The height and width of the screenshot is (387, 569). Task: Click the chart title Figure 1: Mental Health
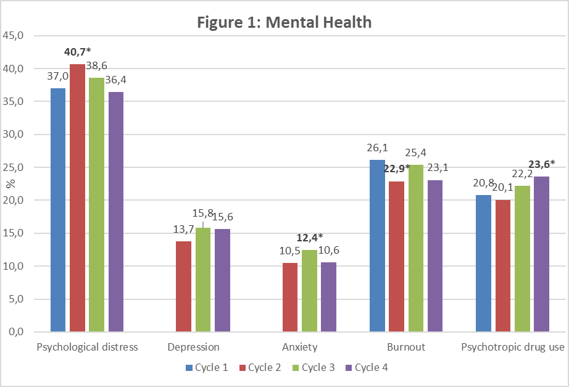point(284,23)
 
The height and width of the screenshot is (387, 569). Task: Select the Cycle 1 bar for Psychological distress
point(57,210)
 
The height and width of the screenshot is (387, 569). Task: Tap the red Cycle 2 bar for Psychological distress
point(77,198)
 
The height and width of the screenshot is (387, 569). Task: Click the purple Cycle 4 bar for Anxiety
point(329,297)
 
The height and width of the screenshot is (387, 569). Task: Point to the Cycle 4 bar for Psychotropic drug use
point(541,254)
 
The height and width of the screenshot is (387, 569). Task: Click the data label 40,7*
point(78,52)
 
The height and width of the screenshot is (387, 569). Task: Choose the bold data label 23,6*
point(542,164)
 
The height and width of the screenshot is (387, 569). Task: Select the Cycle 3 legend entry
point(313,368)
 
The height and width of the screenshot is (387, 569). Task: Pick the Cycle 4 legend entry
point(366,368)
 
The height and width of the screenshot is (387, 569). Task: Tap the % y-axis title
point(10,184)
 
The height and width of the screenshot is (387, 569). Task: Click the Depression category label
point(193,347)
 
